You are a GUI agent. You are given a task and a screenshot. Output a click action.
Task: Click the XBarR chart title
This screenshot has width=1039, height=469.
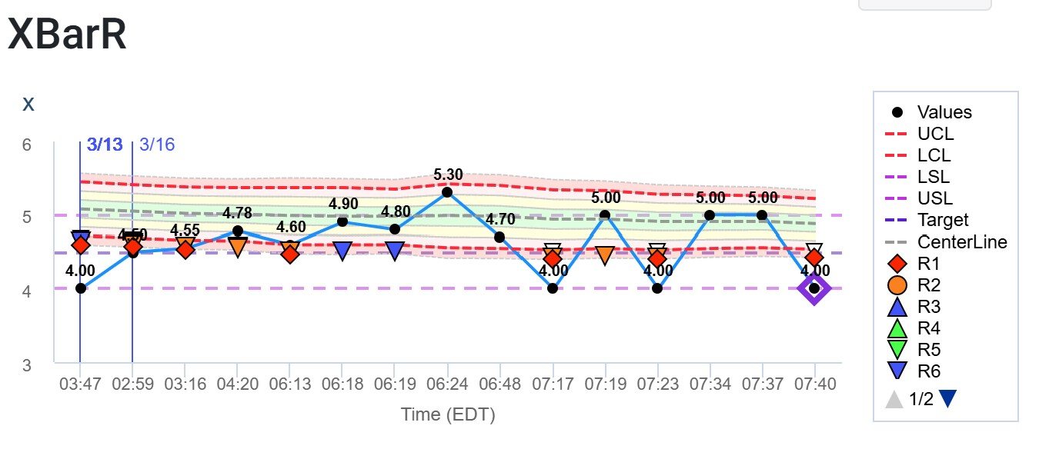[x=67, y=35]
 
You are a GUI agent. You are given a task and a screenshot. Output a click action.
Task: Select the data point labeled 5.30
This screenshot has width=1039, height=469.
[x=447, y=191]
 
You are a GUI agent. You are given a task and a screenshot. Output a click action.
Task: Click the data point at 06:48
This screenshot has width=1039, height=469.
[x=499, y=237]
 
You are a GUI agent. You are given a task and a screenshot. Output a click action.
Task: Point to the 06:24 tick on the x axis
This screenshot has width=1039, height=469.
[x=447, y=383]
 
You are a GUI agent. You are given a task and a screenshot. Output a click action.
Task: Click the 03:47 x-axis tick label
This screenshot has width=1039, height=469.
[x=80, y=383]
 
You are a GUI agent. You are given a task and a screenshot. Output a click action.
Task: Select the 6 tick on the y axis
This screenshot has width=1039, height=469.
[x=26, y=145]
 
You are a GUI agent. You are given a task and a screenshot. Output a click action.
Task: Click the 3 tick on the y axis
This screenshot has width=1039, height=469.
[x=26, y=364]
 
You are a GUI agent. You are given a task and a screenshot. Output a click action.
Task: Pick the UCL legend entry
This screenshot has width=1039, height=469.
[x=935, y=134]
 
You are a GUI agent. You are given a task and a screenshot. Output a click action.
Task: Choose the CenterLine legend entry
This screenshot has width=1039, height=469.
[x=962, y=241]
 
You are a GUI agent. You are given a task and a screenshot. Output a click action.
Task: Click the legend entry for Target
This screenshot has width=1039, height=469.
[x=943, y=220]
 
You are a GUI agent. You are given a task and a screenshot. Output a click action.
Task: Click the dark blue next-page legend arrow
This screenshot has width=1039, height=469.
[x=948, y=398]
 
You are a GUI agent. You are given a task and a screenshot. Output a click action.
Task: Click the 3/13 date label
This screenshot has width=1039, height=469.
[x=105, y=145]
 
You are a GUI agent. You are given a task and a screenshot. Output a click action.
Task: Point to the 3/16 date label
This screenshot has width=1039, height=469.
[x=157, y=145]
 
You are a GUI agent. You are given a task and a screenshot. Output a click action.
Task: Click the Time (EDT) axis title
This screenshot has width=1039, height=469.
[x=447, y=414]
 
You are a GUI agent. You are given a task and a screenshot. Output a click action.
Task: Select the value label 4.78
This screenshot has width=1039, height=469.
[x=238, y=212]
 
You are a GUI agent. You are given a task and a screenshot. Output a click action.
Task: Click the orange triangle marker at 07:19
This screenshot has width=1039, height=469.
[x=605, y=254]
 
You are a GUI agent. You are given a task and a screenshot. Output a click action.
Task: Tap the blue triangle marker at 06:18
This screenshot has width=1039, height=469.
[x=342, y=251]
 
